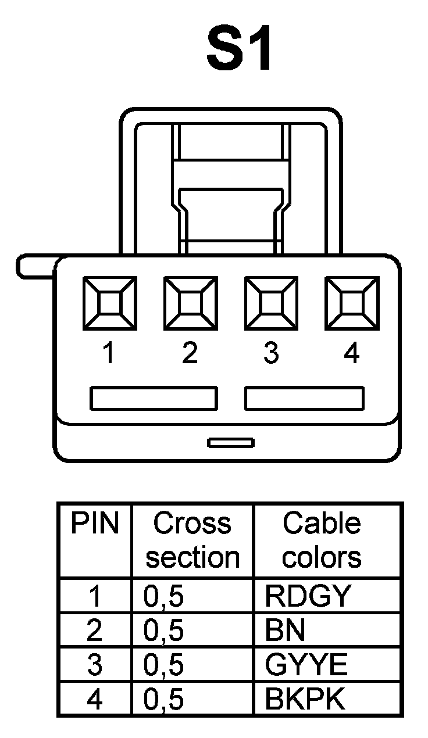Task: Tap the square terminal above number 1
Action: pyautogui.click(x=109, y=302)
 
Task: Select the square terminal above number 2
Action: pyautogui.click(x=190, y=302)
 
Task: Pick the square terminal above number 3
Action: pyautogui.click(x=271, y=302)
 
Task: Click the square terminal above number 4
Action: pyautogui.click(x=351, y=302)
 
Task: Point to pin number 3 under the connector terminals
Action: pyautogui.click(x=271, y=353)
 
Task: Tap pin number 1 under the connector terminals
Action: pyautogui.click(x=108, y=353)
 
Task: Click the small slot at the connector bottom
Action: pyautogui.click(x=231, y=443)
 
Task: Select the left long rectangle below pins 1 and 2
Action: pyautogui.click(x=154, y=399)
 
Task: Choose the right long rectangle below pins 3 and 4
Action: pyautogui.click(x=305, y=399)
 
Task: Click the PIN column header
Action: pyautogui.click(x=94, y=525)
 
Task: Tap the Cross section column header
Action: pyautogui.click(x=192, y=540)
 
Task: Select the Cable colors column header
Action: pyautogui.click(x=322, y=540)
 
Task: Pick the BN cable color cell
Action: pyautogui.click(x=285, y=630)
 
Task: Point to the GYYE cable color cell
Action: pyautogui.click(x=306, y=664)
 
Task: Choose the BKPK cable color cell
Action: pyautogui.click(x=305, y=699)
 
